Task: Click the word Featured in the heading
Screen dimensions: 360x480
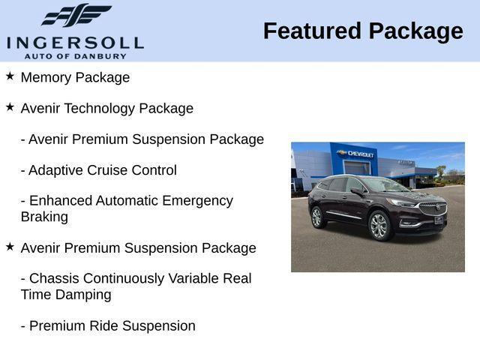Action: pos(311,31)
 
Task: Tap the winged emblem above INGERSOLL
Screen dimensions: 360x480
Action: pos(76,15)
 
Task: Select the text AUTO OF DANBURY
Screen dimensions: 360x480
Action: pos(75,55)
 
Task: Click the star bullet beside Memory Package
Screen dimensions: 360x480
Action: pos(10,76)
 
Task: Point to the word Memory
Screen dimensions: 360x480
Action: pos(47,77)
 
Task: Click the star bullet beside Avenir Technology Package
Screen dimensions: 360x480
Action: pos(10,106)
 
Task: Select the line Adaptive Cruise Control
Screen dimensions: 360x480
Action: pos(98,170)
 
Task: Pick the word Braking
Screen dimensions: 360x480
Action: pos(44,217)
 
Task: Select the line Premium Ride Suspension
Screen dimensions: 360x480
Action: pos(108,325)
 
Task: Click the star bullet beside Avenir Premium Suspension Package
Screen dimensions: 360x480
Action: pos(10,246)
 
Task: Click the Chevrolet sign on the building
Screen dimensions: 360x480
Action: pos(356,154)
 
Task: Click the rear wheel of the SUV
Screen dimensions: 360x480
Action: pos(317,217)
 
